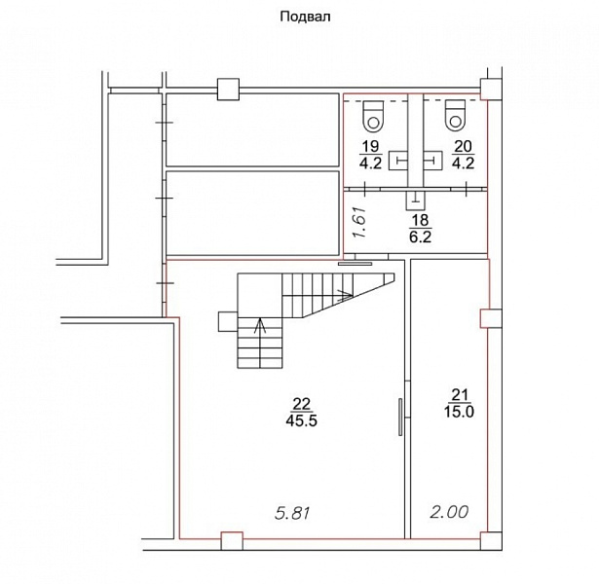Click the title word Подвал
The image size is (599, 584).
click(x=305, y=18)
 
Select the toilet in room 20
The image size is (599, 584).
click(x=455, y=115)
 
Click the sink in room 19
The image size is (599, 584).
click(x=398, y=161)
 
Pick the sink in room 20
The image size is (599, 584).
click(x=432, y=161)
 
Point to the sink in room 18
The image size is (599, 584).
click(x=415, y=200)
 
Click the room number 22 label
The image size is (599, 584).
click(x=302, y=404)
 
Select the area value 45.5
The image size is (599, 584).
click(x=301, y=420)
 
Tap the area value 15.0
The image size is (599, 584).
click(x=459, y=412)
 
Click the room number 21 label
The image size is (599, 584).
click(x=460, y=395)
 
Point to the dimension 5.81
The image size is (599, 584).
click(x=292, y=513)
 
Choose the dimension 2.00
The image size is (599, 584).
click(x=449, y=512)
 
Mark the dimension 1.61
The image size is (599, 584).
click(x=360, y=222)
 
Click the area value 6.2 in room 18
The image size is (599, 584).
click(x=420, y=237)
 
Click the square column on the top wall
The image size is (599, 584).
click(x=229, y=90)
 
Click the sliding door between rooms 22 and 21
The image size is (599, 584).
click(x=400, y=417)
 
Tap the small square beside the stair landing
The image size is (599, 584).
click(x=228, y=321)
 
